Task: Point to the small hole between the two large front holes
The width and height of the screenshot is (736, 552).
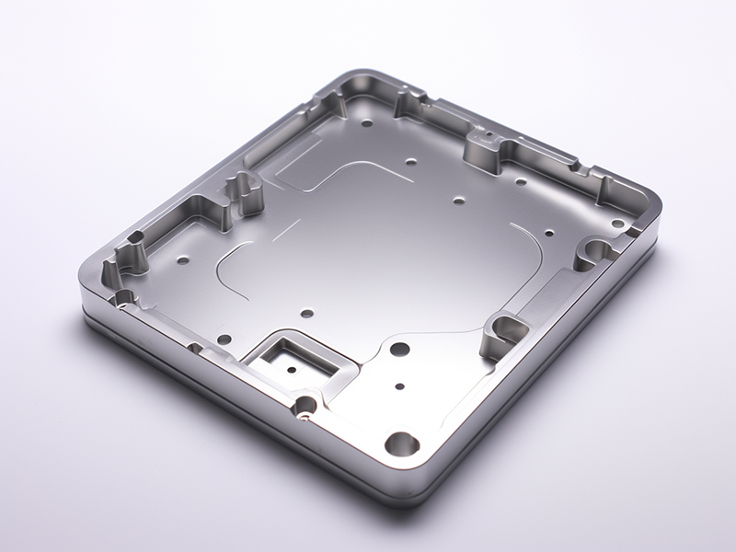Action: point(399,387)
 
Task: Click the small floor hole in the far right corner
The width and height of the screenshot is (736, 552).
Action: point(618,224)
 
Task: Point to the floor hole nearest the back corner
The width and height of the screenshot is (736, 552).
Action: point(367,121)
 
